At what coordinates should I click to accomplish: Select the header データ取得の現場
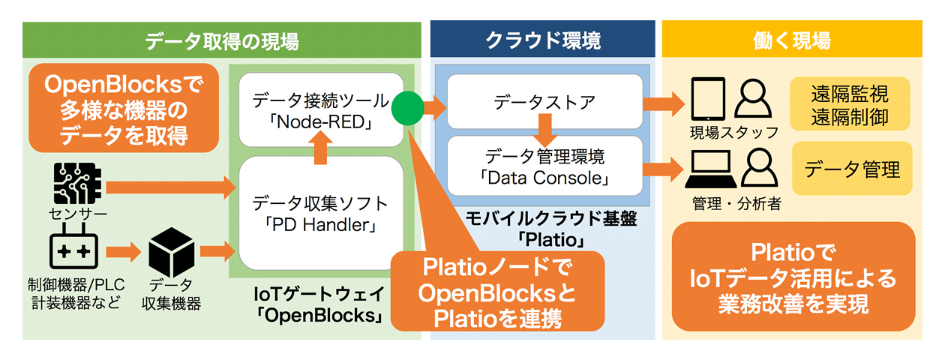[x=221, y=40]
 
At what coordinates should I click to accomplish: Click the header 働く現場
[x=796, y=40]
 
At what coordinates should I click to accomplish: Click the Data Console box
[x=544, y=168]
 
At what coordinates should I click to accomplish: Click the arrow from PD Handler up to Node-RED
[x=321, y=147]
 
